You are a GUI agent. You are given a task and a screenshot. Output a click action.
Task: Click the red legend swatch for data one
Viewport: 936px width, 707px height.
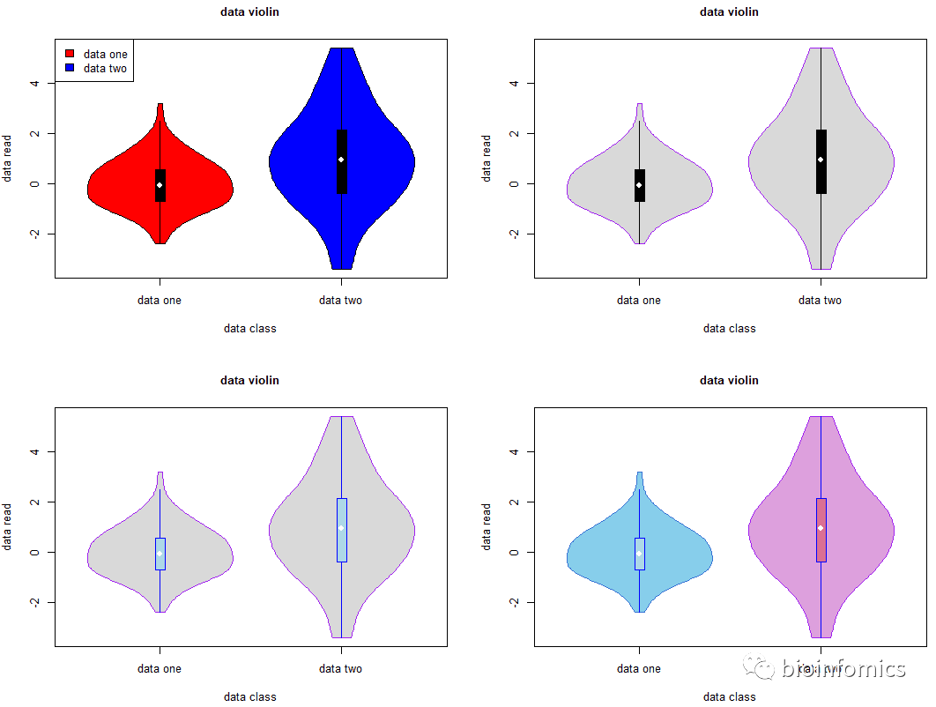(70, 55)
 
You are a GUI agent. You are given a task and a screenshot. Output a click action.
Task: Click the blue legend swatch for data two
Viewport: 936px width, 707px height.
(70, 68)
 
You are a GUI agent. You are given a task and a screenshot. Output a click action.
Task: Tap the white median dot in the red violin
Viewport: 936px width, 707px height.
(160, 185)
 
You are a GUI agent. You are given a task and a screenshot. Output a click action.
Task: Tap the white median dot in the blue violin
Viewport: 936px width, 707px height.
(341, 160)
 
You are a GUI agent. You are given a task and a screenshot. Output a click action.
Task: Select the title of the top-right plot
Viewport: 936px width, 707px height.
(729, 12)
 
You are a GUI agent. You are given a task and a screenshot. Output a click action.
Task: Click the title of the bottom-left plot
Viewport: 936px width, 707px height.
(249, 381)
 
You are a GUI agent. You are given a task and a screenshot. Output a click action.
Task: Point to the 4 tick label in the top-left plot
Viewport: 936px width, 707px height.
(34, 83)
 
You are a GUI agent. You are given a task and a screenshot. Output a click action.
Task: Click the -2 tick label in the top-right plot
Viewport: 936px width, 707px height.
(514, 234)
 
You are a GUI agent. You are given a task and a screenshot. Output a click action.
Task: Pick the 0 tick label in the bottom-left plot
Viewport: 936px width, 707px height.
(34, 553)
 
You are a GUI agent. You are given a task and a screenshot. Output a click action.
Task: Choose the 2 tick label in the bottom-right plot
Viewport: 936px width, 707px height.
(514, 502)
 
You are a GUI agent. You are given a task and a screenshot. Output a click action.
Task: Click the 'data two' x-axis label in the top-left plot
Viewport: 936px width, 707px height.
(340, 301)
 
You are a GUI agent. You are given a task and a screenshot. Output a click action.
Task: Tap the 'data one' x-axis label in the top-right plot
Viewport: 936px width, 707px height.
(639, 301)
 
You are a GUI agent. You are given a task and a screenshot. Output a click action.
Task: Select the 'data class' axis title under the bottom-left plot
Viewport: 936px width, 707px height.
(249, 696)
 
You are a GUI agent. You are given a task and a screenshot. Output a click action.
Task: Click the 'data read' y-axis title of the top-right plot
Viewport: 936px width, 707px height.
(487, 159)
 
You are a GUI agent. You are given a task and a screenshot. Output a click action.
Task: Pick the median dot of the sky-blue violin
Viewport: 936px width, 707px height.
(639, 554)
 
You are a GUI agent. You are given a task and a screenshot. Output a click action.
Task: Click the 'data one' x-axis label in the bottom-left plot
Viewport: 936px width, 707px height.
(160, 669)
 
